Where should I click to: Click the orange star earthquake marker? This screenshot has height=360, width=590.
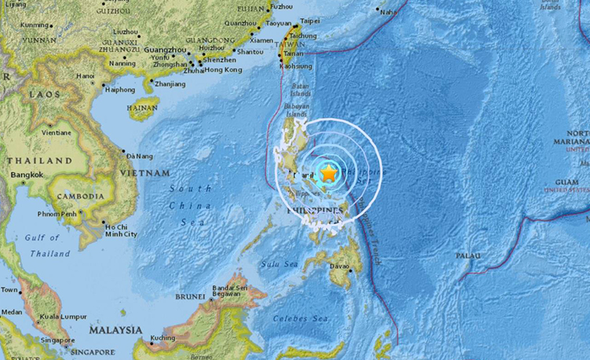coord(328,174)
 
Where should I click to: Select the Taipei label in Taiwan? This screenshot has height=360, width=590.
coord(309,22)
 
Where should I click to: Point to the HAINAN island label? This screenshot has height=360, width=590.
coord(142,109)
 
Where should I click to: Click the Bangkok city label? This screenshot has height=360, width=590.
coord(25,175)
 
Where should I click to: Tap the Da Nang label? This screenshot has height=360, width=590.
coord(139,156)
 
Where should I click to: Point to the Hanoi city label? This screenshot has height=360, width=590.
coord(85,76)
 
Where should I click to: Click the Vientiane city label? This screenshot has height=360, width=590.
coord(56,132)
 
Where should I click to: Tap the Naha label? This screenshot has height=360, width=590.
coord(389,12)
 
